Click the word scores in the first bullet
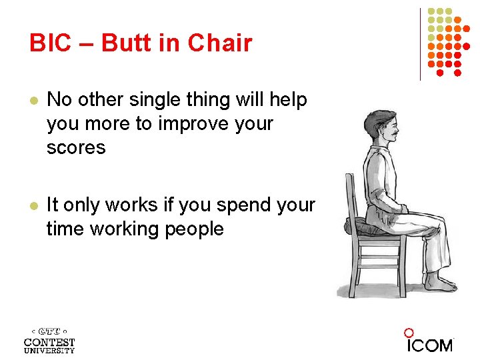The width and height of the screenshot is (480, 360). pyautogui.click(x=76, y=148)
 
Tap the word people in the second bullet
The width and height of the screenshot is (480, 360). pyautogui.click(x=190, y=229)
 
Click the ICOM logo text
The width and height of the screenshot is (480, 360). pyautogui.click(x=430, y=345)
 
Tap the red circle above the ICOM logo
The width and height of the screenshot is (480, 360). pyautogui.click(x=409, y=333)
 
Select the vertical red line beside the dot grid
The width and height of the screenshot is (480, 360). pyautogui.click(x=421, y=44)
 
